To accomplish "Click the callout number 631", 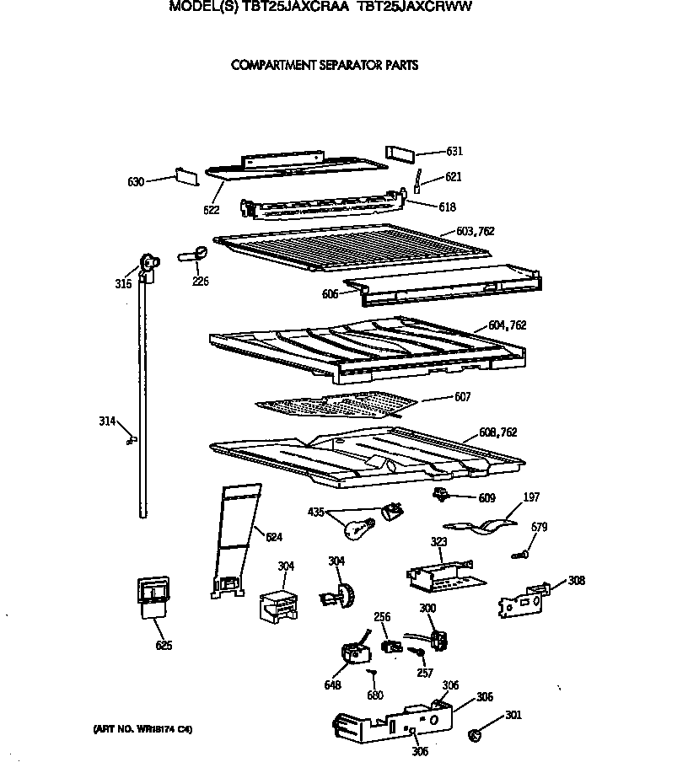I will [454, 152].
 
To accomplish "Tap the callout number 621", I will [453, 177].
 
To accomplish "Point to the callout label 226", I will [201, 282].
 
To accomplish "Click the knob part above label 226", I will [193, 253].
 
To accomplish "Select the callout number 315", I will [123, 284].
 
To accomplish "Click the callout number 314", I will [107, 421].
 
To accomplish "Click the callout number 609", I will [486, 498].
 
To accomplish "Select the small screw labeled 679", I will [521, 554].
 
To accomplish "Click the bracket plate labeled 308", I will [523, 599].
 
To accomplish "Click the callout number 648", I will [332, 685].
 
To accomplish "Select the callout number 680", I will [375, 695].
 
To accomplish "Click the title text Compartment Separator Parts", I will [325, 65].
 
